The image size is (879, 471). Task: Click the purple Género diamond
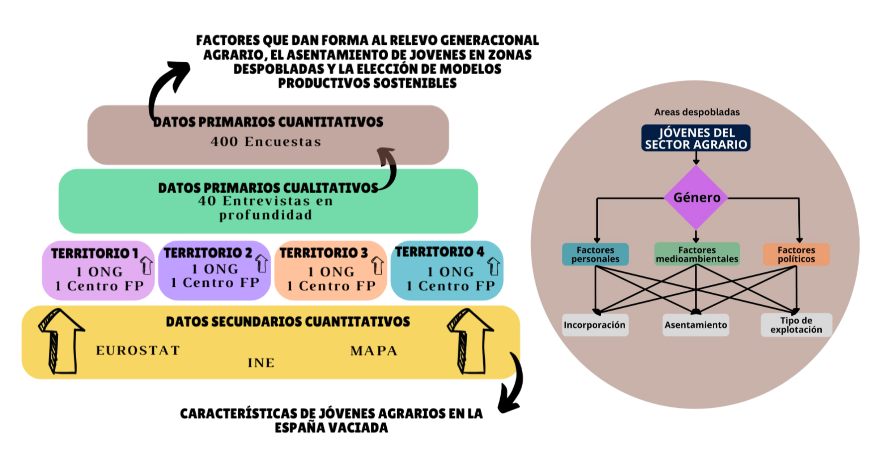tap(696, 198)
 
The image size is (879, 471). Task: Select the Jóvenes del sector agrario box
tap(696, 138)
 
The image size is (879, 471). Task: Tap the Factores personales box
tap(595, 254)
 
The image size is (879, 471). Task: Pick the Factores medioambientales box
tap(697, 254)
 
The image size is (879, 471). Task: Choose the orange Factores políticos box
tap(796, 254)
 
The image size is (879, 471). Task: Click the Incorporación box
tap(595, 325)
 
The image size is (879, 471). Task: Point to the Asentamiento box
tap(696, 325)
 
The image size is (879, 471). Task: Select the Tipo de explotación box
tap(796, 325)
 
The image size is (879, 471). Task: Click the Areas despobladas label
tap(697, 112)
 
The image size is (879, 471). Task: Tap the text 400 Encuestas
tap(266, 142)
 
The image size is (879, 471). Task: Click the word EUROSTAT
tap(138, 351)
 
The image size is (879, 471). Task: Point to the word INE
tap(261, 363)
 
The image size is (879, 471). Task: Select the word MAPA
tap(374, 351)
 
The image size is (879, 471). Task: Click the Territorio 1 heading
tap(95, 253)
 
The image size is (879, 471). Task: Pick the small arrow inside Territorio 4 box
tap(493, 266)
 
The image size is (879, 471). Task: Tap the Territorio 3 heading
tap(324, 253)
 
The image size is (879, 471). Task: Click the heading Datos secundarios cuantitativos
tap(288, 322)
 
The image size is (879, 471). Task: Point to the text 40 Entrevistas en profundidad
tap(266, 208)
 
